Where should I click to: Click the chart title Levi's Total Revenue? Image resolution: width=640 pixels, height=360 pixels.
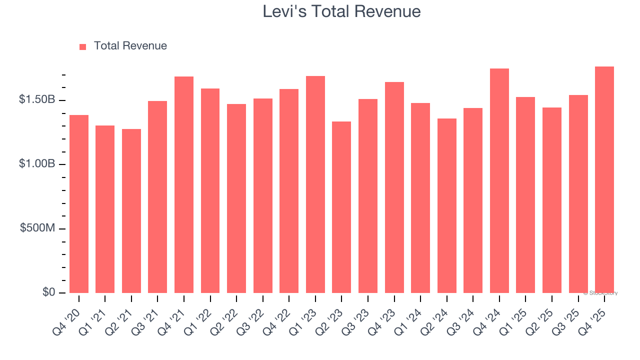pos(341,11)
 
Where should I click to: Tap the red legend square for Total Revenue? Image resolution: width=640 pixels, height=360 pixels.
pos(82,46)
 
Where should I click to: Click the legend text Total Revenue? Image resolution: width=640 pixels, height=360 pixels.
pos(130,46)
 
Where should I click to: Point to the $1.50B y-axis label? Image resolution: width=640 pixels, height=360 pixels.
pos(37,100)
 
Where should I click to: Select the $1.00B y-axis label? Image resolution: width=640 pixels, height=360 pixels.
pos(37,164)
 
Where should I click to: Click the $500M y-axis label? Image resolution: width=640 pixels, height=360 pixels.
pos(38,228)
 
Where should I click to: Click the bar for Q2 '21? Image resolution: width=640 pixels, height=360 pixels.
pos(131,211)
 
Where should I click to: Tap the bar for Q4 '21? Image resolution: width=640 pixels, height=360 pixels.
pos(184,185)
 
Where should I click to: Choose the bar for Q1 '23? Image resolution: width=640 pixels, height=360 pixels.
pos(315,184)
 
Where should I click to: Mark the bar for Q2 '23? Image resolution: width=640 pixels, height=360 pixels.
pos(341,207)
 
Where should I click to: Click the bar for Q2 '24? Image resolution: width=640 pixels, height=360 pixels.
pos(447,205)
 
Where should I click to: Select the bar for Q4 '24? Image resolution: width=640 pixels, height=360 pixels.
pos(499,180)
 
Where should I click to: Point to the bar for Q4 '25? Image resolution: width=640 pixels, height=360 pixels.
pos(604,179)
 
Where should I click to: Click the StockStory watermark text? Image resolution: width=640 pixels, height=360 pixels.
pos(600,293)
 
